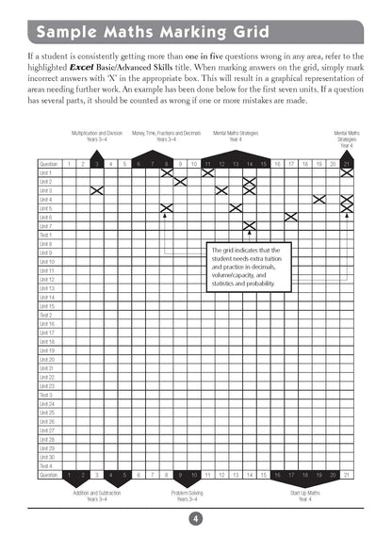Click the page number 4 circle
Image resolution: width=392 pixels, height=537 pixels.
[x=196, y=515]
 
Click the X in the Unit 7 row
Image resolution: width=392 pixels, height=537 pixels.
[x=250, y=226]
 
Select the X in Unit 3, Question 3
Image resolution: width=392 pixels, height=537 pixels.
[x=96, y=190]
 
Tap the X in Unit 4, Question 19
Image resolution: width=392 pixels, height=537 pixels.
[x=319, y=199]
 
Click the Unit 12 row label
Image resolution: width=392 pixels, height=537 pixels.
[x=47, y=280]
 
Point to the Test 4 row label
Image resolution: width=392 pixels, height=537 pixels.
[x=46, y=466]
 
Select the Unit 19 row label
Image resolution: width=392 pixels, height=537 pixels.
[x=47, y=350]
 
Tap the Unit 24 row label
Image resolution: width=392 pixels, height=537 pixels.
[x=47, y=404]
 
